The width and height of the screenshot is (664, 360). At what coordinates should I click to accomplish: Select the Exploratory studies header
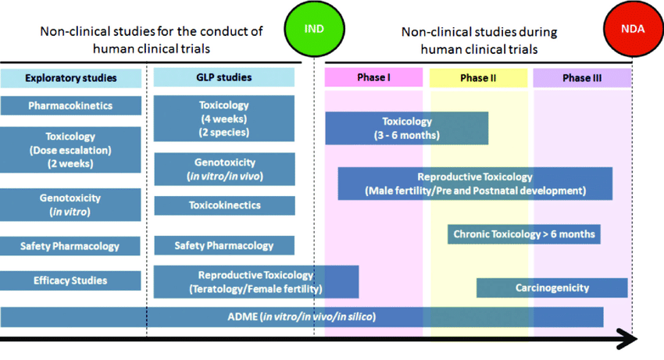coord(71,78)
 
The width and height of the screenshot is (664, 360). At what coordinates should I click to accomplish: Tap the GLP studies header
coord(224,77)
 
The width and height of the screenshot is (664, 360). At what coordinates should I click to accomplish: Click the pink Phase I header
coord(373,78)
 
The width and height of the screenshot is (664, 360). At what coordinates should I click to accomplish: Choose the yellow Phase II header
coord(479,78)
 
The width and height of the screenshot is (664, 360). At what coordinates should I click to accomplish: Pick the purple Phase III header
coord(582,78)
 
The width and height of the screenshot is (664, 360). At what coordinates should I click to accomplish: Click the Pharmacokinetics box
coord(71,105)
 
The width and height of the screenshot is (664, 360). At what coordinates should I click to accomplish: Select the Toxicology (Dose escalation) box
coord(71,149)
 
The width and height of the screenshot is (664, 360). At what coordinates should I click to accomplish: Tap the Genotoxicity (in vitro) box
coord(71,205)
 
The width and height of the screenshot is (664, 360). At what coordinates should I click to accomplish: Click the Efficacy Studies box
coord(71,280)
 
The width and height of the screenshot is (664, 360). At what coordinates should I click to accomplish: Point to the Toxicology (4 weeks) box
coord(224,119)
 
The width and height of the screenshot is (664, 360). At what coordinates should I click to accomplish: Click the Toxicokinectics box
coord(224,206)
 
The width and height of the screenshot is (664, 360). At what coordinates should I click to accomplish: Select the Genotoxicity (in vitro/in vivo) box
coord(224,169)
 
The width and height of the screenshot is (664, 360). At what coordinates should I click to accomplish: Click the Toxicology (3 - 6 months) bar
coord(406,128)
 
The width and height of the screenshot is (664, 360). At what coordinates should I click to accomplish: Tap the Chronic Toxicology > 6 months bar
coord(524,234)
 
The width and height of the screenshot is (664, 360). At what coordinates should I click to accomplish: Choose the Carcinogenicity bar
coord(552,288)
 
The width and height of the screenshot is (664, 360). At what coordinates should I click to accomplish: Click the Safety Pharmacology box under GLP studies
coord(224,246)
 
